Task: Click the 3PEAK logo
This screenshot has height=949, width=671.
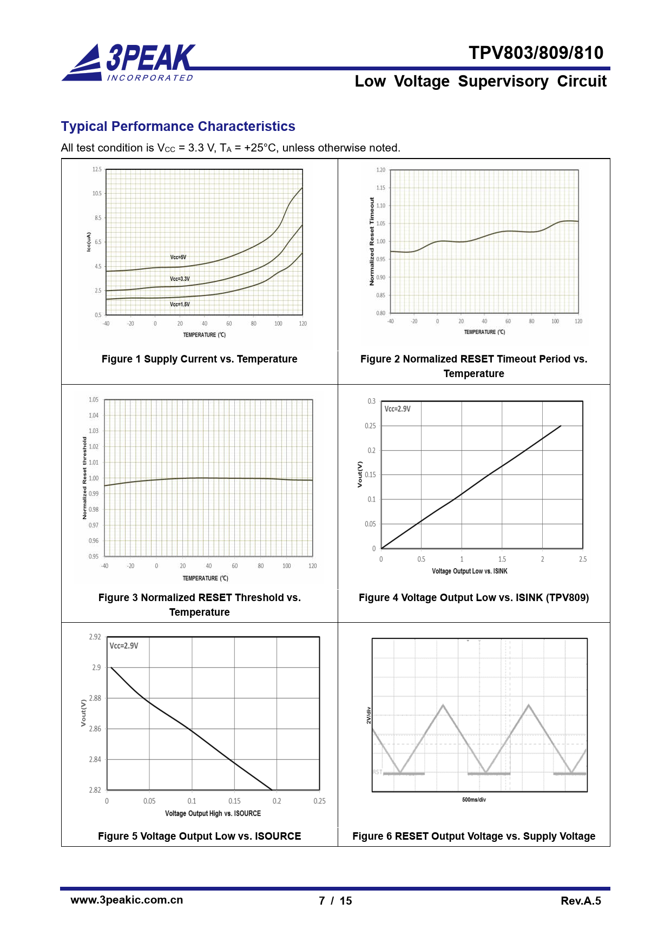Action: [130, 63]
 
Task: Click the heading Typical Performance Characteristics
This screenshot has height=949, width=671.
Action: [178, 127]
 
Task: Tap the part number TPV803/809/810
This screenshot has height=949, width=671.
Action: [536, 53]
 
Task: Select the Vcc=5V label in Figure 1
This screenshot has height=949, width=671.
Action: [178, 258]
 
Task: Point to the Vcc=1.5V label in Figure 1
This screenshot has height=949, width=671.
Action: [180, 305]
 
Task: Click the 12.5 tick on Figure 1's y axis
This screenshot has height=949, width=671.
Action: [97, 170]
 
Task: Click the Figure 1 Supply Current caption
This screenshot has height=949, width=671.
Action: [199, 359]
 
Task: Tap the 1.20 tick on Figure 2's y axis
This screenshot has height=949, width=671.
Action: [381, 170]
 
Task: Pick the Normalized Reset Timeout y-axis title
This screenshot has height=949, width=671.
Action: [372, 241]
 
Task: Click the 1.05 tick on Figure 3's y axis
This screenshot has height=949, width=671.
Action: [94, 400]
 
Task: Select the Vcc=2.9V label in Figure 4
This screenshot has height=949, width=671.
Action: [397, 409]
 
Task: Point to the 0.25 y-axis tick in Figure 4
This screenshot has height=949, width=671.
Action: [370, 426]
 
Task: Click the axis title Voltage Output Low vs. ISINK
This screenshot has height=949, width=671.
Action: [469, 571]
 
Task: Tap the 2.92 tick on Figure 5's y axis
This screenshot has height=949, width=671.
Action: [95, 637]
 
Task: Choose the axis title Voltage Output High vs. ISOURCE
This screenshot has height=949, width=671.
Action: [213, 814]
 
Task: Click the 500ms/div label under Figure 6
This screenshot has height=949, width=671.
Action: [473, 800]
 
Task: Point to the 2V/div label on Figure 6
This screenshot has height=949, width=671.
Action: [369, 715]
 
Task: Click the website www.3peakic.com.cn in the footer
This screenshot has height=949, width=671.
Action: [127, 900]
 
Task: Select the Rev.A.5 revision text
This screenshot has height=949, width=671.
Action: [581, 901]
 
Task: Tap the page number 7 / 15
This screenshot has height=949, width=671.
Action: [335, 901]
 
